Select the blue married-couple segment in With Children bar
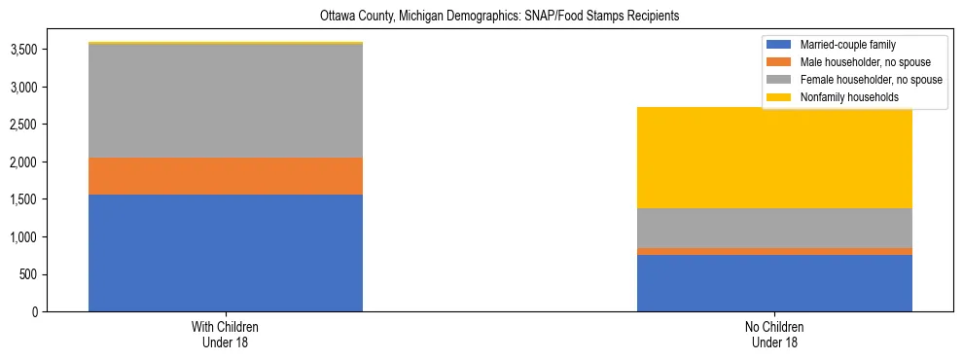(226, 253)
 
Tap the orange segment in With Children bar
(226, 176)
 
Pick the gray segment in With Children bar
(226, 101)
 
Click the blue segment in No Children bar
(774, 283)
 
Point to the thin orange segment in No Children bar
(774, 251)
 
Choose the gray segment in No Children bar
(774, 228)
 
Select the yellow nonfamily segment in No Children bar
(774, 158)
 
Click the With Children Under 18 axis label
(226, 334)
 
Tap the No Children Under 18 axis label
(774, 334)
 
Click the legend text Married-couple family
(847, 45)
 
